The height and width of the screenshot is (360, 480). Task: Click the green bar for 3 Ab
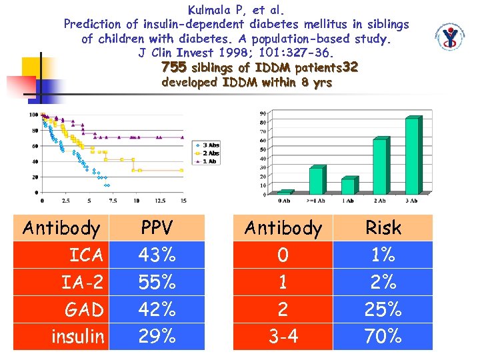pos(413,156)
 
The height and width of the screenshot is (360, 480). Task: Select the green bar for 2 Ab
pos(380,166)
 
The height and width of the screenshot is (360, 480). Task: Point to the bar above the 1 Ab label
pos(348,186)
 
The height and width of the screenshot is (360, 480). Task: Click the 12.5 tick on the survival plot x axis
pos(160,200)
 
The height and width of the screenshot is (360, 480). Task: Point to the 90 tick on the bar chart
pos(263,113)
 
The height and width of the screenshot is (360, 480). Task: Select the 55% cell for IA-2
pos(157,282)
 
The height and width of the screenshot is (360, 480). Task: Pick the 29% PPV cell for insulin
pos(157,337)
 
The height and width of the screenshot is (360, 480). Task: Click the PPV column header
pos(157,227)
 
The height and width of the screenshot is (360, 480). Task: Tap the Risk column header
pos(383,227)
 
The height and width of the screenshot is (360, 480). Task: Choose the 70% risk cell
pos(383,337)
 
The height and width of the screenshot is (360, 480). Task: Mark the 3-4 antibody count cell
pos(283,337)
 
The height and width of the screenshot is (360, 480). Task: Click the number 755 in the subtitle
pos(174,68)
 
